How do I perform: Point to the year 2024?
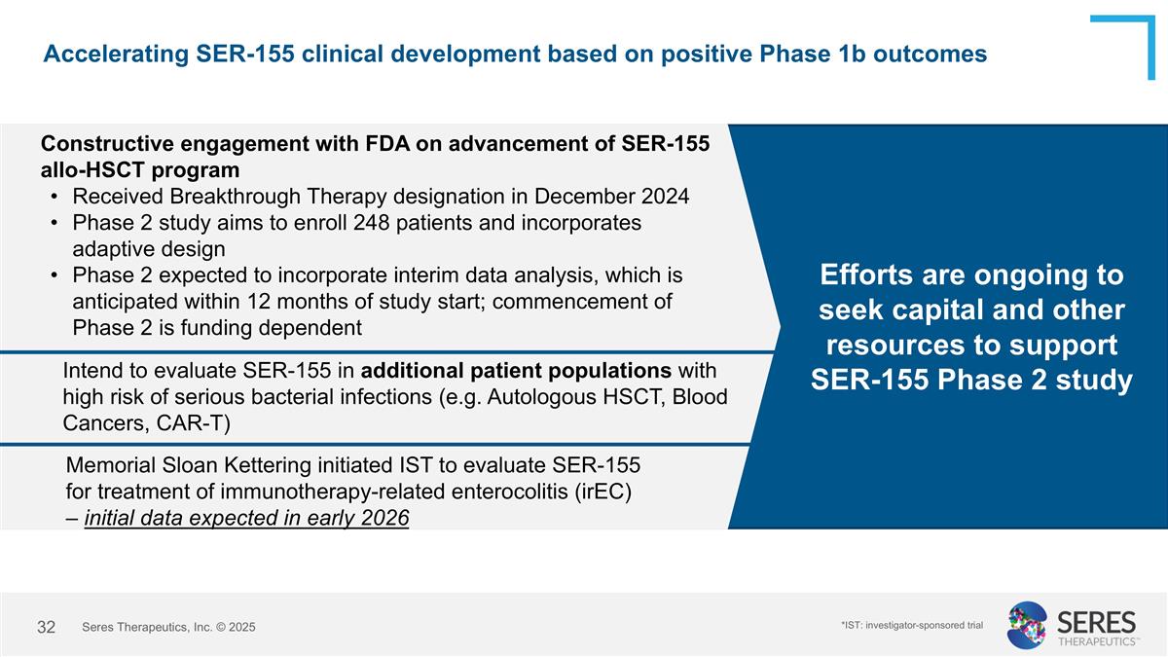[665, 197]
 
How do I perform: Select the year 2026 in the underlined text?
[383, 518]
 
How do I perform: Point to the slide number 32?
[46, 627]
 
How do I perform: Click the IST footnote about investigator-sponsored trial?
[912, 625]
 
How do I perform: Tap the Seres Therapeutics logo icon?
[1027, 625]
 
